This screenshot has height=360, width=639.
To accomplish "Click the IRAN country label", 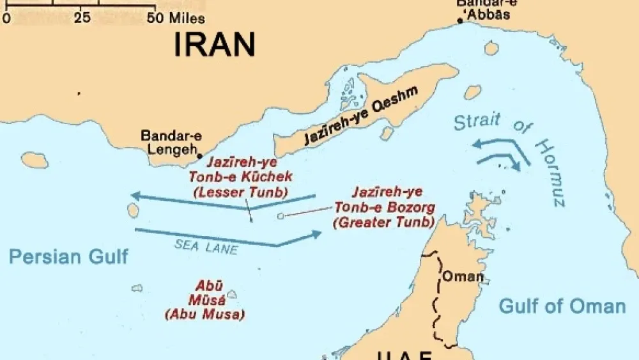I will click(214, 43).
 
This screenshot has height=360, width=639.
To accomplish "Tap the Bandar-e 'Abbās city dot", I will click(459, 21).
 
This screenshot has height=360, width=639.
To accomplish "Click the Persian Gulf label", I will click(68, 257).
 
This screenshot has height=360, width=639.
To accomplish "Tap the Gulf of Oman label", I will click(562, 306).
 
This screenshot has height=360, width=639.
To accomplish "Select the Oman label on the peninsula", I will click(463, 277).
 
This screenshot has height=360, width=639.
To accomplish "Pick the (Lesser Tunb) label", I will click(240, 191).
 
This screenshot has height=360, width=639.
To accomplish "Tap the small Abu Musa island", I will click(231, 294).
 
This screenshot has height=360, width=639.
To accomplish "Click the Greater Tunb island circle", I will click(281, 216).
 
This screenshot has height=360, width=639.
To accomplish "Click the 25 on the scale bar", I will click(82, 17).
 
